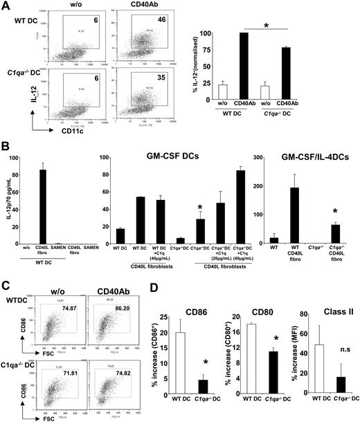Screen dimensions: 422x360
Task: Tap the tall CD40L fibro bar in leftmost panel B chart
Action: tap(60, 208)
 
